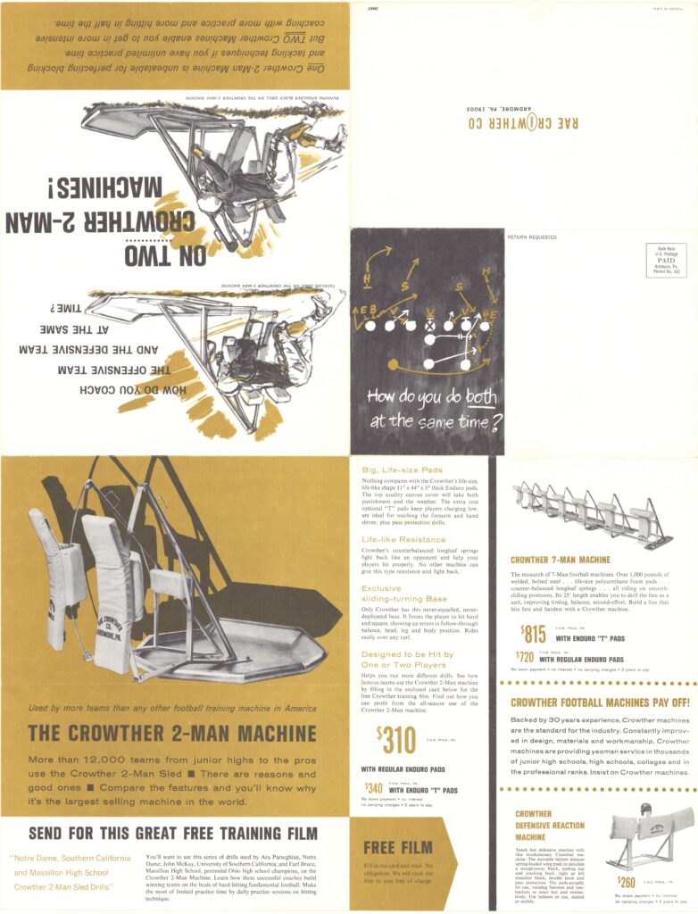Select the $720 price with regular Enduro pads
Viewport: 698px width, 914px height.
coord(526,656)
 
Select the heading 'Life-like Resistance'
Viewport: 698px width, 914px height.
coord(403,539)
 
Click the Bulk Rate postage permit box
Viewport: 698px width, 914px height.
coord(666,260)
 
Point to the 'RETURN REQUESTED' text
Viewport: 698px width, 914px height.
coord(532,237)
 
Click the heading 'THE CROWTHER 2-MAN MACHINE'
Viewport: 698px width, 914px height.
coord(172,734)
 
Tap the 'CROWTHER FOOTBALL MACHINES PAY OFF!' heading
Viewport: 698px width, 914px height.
coord(599,702)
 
